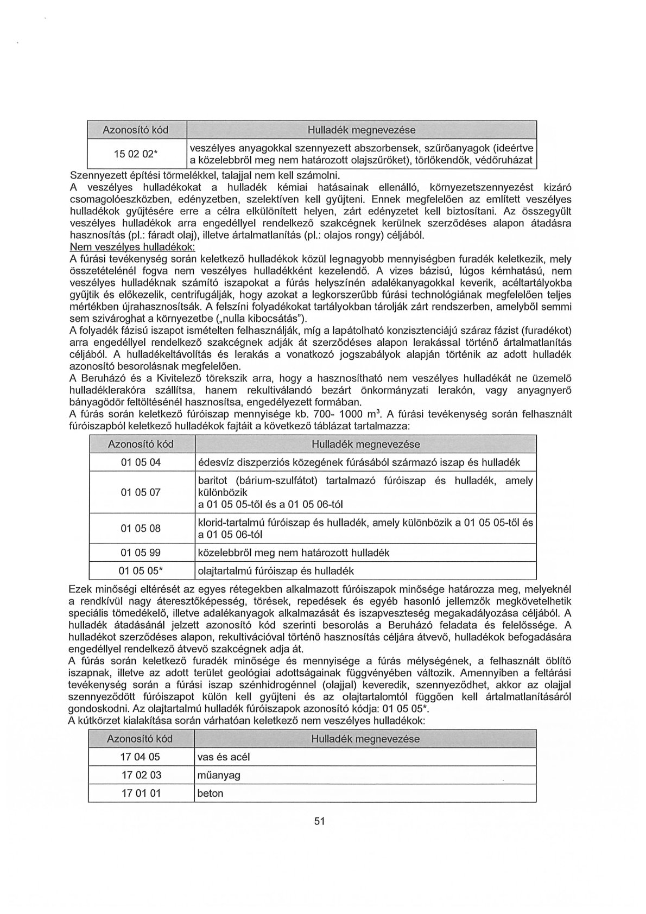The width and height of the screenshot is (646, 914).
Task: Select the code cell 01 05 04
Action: tap(141, 462)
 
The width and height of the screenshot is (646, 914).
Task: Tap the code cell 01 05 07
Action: tap(141, 492)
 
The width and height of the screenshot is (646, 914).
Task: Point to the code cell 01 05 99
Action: tap(141, 553)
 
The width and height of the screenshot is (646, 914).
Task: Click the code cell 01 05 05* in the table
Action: tap(141, 571)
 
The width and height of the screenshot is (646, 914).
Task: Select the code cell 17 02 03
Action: tap(140, 775)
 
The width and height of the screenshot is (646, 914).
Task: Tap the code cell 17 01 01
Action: tap(140, 793)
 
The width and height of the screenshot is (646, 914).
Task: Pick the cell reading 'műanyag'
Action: tap(219, 775)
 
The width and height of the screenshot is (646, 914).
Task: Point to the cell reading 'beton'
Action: tap(211, 793)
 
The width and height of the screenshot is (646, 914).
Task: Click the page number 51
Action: tap(319, 836)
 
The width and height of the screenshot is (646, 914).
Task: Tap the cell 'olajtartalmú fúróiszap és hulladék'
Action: tap(276, 571)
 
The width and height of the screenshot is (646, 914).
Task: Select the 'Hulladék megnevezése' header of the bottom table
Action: tap(365, 739)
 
